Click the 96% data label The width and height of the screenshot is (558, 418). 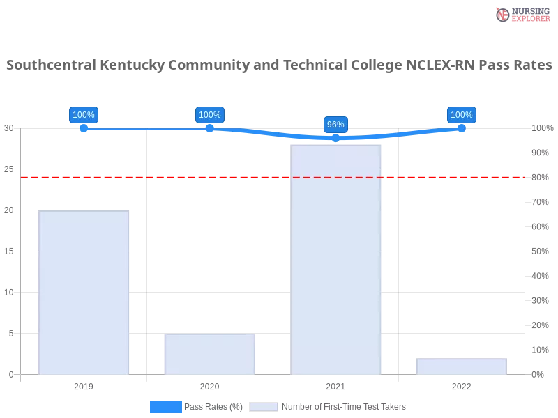[335, 125]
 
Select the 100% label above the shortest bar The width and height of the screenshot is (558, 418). [461, 115]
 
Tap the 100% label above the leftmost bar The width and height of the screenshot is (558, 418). [84, 115]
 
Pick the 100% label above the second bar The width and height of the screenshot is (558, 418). [209, 115]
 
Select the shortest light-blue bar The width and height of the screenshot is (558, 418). [460, 366]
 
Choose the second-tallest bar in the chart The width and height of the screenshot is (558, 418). [84, 293]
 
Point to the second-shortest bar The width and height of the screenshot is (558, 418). [209, 354]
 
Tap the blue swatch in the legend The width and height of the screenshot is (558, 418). [165, 407]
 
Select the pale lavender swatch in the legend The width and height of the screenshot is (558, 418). [264, 407]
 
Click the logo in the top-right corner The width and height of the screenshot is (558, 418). [521, 15]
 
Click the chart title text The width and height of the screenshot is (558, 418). [279, 65]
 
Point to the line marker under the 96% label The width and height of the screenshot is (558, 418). [335, 138]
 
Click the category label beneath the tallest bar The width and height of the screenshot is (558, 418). [335, 385]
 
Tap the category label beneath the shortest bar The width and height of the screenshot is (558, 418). [461, 385]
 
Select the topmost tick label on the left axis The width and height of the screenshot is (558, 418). [8, 128]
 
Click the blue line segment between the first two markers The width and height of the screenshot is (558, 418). [146, 130]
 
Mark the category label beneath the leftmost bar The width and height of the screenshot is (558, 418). [83, 385]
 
